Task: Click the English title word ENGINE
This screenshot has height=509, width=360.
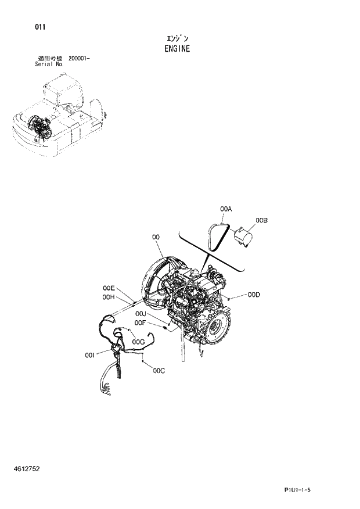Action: (177, 49)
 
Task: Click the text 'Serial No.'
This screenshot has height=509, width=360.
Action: (49, 64)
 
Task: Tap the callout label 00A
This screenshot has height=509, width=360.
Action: (226, 209)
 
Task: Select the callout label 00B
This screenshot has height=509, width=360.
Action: (261, 220)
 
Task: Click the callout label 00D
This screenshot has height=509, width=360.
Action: (253, 295)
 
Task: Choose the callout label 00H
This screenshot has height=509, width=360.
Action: (109, 297)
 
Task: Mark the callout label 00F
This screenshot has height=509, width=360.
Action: (140, 323)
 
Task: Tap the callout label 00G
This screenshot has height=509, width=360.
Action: (138, 342)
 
